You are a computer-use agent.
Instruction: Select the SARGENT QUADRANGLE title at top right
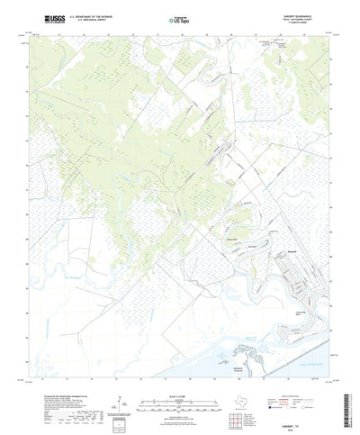[289, 14]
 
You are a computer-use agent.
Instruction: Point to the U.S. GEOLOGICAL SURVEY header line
[90, 19]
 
